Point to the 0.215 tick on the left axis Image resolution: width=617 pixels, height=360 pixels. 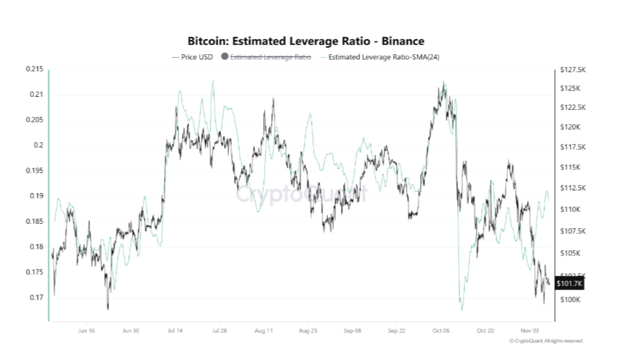pos(34,69)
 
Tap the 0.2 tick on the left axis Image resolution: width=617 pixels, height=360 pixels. pos(39,145)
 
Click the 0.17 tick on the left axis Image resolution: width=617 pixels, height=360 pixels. pos(36,297)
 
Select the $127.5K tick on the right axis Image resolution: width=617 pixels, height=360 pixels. pos(573,70)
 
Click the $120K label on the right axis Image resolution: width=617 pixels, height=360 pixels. pos(571,127)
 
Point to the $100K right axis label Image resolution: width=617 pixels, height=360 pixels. pos(571,300)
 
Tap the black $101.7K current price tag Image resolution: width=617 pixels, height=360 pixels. pos(569,284)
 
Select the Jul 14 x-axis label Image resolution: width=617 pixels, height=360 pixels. pos(175,331)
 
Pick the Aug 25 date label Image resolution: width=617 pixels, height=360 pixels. pos(308,331)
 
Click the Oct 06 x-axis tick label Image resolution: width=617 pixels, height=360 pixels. pos(442,331)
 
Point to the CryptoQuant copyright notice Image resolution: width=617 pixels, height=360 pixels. pos(546,341)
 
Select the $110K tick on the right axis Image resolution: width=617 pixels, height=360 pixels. pos(571,210)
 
